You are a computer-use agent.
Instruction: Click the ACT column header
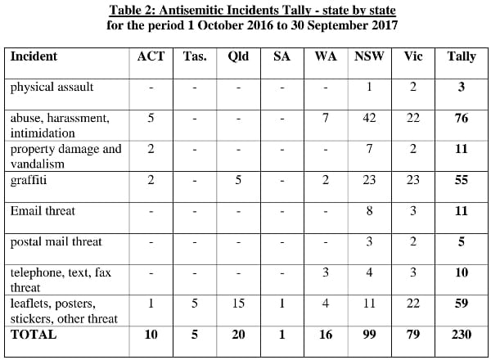pos(151,56)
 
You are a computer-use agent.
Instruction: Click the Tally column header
pos(462,56)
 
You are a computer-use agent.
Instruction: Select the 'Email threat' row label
pos(43,211)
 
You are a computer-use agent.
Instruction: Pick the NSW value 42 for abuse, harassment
pos(369,118)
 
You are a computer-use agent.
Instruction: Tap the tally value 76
pos(462,118)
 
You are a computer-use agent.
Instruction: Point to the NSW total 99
pos(369,334)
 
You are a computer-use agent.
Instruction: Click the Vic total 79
pos(413,334)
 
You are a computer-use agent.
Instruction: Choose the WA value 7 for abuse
pos(325,118)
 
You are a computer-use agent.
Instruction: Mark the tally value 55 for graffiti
pos(462,180)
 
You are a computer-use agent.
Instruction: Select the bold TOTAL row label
pos(34,334)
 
